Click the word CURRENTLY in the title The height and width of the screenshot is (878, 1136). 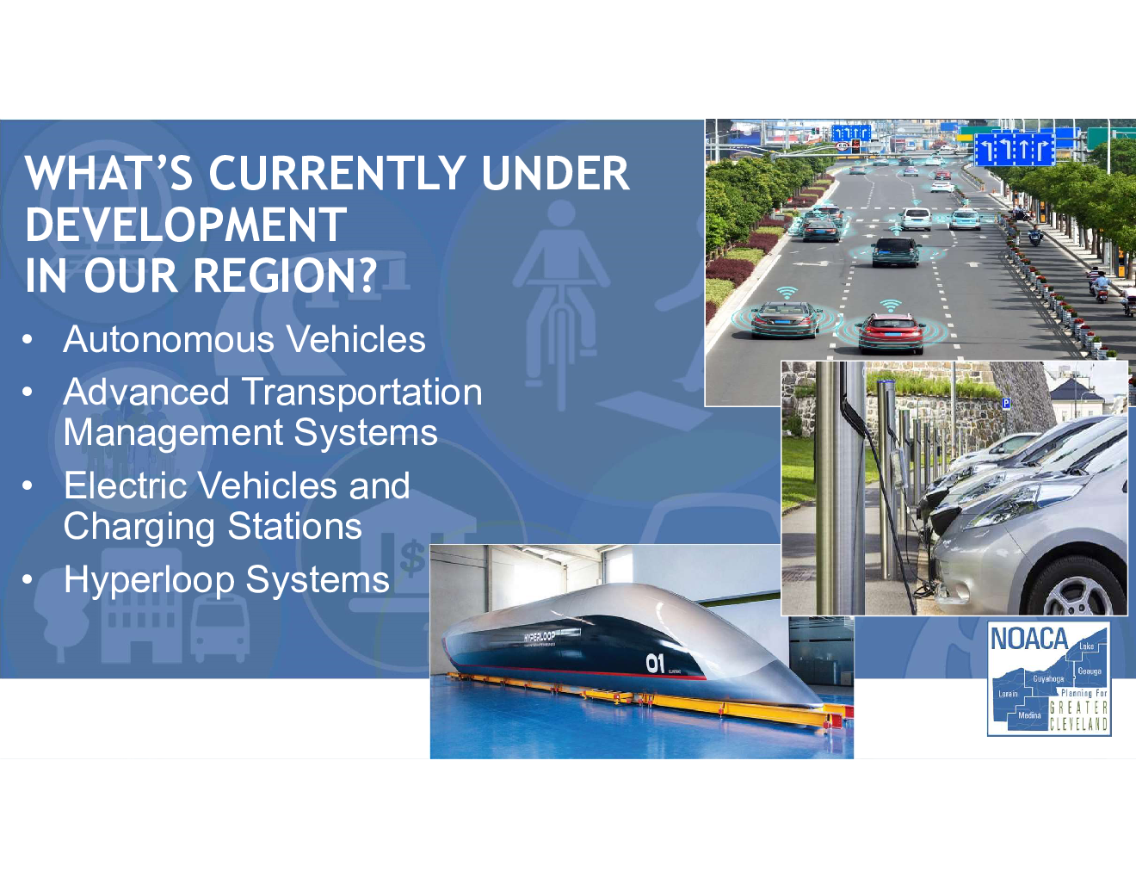pos(336,174)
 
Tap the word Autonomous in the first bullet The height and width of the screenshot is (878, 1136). pos(170,339)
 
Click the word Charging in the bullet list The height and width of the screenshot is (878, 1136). pos(139,527)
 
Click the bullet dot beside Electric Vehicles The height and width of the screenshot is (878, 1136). pos(28,485)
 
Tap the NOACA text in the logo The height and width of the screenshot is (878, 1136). pos(1029,639)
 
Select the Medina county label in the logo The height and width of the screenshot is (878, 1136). pos(1029,714)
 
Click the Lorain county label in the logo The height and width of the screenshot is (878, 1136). pos(1008,694)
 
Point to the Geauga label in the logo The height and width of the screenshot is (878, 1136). pos(1090,671)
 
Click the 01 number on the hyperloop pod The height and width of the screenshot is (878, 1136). pos(655,664)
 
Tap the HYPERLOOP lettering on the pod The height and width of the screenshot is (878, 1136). pos(540,636)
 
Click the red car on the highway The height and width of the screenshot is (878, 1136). pos(890,333)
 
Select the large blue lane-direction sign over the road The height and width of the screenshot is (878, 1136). pos(1015,149)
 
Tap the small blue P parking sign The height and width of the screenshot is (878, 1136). pos(1005,403)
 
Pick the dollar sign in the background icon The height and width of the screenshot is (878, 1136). pos(412,558)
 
